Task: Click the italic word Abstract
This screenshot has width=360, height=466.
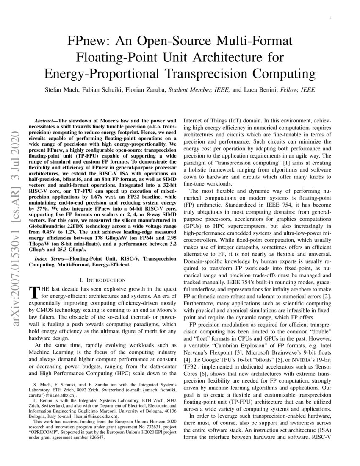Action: pyautogui.click(x=45, y=121)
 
